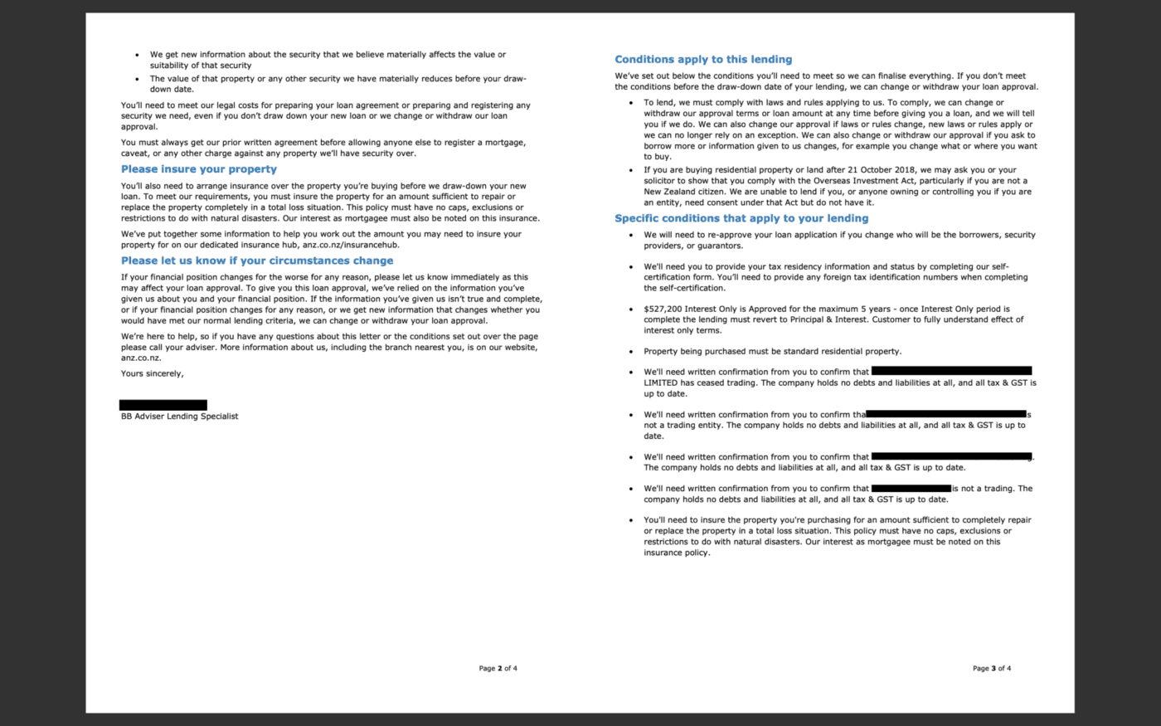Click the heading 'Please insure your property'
[199, 169]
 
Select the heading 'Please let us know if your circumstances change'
[257, 261]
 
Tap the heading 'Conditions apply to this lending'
[703, 60]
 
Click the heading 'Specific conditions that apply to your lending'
[741, 218]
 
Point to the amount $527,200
[663, 309]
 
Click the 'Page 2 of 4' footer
[498, 668]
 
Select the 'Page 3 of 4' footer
[992, 668]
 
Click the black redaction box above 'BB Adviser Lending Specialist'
[163, 405]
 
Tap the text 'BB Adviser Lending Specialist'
[179, 417]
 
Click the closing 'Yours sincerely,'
[152, 373]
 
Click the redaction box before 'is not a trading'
[911, 489]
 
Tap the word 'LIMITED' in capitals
[661, 383]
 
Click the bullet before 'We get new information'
[138, 55]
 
